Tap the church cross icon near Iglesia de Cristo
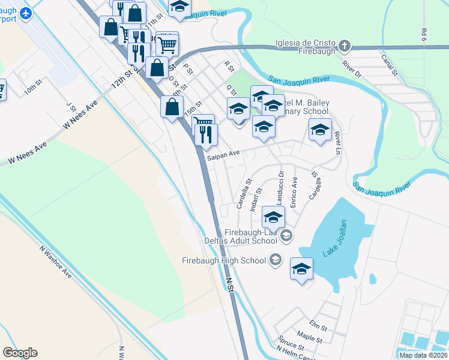click(345, 45)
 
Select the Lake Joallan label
click(336, 238)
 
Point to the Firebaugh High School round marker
click(276, 260)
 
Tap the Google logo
click(20, 353)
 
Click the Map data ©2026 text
click(424, 355)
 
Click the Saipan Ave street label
click(223, 155)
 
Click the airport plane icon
click(26, 13)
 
